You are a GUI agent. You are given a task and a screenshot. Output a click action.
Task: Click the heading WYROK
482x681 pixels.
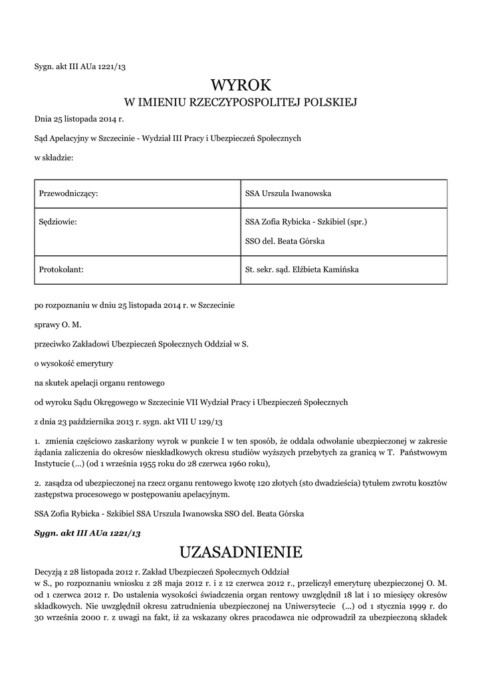241,84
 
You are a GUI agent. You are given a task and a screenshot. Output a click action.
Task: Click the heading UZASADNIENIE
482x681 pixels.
241,552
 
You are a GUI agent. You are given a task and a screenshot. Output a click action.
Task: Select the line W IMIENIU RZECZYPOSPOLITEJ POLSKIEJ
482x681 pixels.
241,102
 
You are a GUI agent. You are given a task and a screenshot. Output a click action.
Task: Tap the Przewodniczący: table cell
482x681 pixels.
69,194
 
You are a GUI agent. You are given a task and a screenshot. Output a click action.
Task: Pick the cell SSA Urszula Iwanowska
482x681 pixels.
288,194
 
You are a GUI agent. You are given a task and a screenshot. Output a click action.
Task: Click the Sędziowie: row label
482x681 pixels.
59,221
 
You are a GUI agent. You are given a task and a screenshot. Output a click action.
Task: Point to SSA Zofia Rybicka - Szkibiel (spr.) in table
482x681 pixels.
306,221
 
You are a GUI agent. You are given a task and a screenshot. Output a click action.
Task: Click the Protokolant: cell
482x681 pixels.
62,269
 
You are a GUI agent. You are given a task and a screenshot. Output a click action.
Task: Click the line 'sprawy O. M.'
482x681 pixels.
58,325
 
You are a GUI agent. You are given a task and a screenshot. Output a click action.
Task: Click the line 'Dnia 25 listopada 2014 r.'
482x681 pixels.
79,119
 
